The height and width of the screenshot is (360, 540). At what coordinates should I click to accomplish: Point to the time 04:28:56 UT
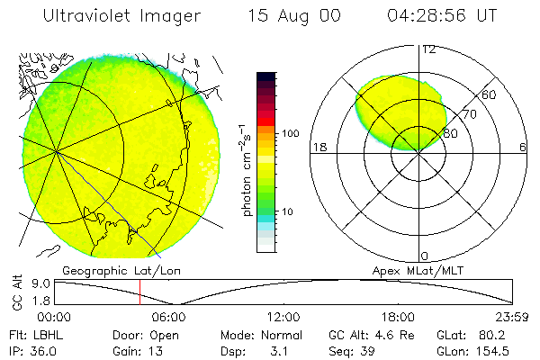click(x=444, y=17)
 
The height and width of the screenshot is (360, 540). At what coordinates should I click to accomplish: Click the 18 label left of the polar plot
click(x=318, y=147)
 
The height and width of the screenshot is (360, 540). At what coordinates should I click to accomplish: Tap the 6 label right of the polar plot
click(x=522, y=147)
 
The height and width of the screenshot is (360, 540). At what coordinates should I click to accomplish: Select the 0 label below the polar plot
click(x=424, y=256)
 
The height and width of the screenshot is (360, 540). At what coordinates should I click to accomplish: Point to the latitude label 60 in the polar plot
click(x=490, y=94)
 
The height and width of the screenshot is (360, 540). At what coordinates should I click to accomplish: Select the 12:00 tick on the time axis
click(x=283, y=317)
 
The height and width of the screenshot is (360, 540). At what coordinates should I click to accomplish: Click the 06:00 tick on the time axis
click(x=168, y=317)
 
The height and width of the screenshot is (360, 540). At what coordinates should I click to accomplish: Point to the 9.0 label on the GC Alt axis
click(x=30, y=283)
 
